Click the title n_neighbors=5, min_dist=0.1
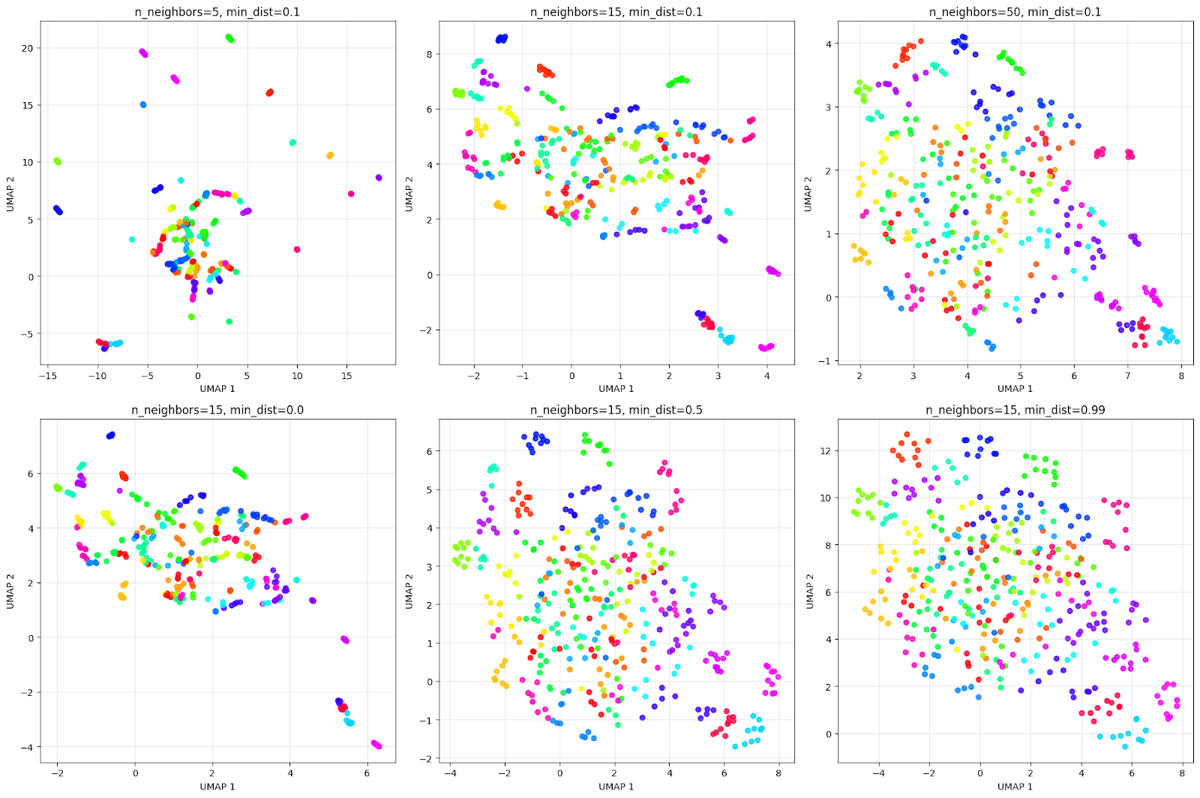pos(217,12)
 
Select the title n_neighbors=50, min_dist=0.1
pos(1015,12)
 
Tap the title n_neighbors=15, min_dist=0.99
pos(1015,410)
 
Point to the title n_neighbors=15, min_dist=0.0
pos(217,410)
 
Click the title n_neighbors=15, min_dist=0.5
pos(616,410)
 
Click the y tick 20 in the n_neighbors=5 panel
pos(28,48)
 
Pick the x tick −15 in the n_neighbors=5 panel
pos(49,376)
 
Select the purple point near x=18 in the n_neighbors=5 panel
pos(379,178)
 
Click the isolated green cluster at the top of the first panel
pos(229,38)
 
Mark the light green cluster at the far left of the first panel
pos(57,161)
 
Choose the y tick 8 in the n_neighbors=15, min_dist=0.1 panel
pos(430,54)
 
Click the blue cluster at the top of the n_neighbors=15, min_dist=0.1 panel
pos(501,38)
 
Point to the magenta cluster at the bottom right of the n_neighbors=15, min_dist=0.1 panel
pos(766,347)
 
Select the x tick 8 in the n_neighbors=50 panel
pos(1180,376)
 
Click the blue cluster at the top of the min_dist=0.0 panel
pos(110,435)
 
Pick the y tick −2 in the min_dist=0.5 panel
pos(427,759)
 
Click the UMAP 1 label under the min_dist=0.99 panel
pos(1015,786)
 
